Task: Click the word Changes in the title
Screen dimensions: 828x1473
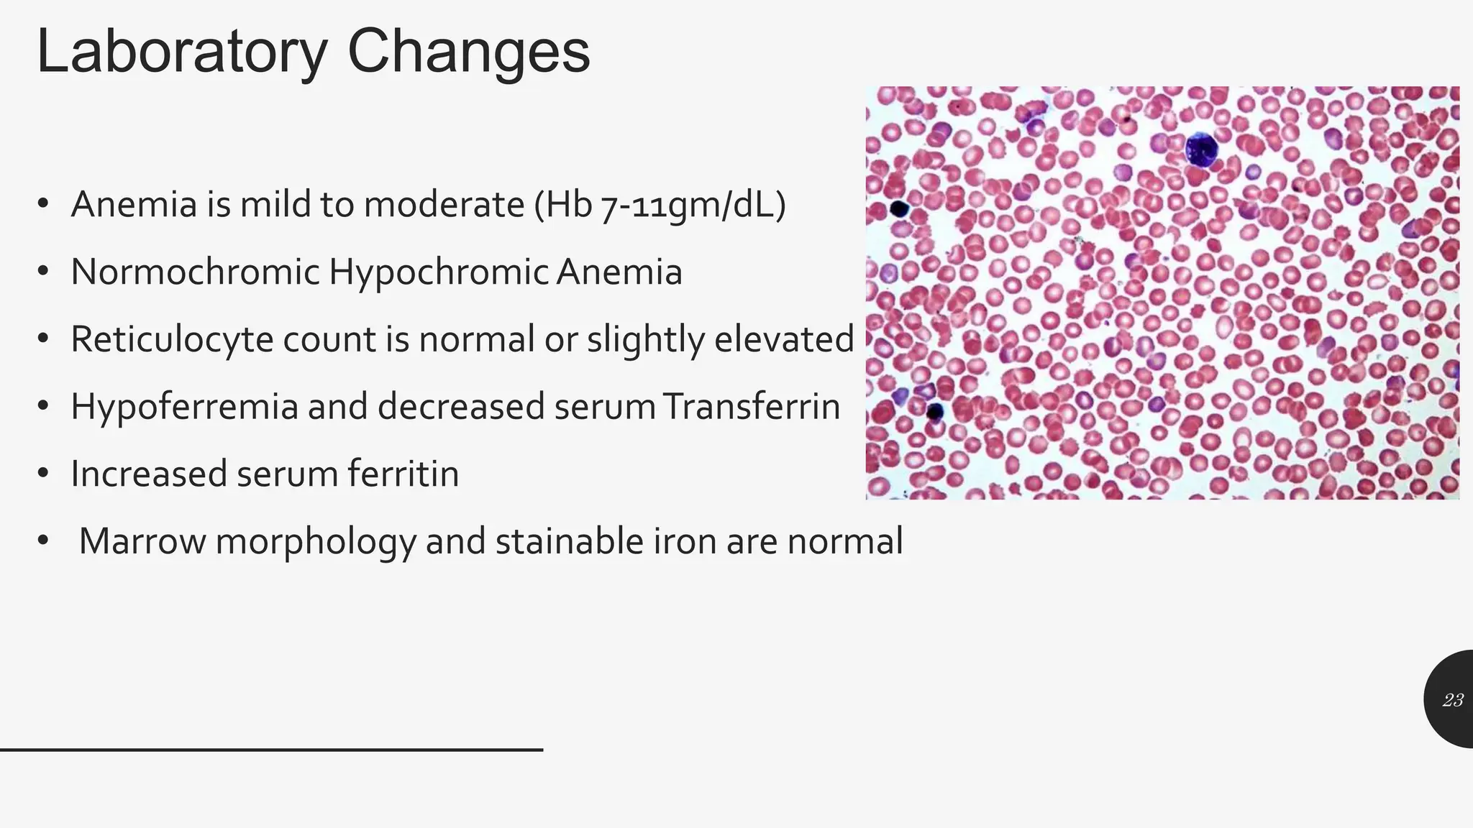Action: tap(468, 52)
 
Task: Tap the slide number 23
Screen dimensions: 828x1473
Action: tap(1452, 699)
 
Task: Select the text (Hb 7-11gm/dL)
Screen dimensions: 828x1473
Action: tap(660, 204)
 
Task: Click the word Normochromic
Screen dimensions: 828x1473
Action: tap(195, 272)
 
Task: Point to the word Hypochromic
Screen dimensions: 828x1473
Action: tap(438, 273)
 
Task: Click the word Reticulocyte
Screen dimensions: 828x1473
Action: tap(172, 339)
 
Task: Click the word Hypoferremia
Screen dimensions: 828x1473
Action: tap(184, 406)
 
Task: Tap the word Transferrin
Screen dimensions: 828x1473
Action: tap(752, 406)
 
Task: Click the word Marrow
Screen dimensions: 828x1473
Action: tap(142, 541)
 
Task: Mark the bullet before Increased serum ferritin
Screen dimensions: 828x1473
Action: tap(43, 474)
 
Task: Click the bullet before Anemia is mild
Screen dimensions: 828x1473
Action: tap(43, 204)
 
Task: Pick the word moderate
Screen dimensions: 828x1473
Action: tap(444, 204)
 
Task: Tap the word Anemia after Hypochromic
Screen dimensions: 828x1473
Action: tap(619, 272)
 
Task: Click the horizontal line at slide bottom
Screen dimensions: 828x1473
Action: tap(271, 750)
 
